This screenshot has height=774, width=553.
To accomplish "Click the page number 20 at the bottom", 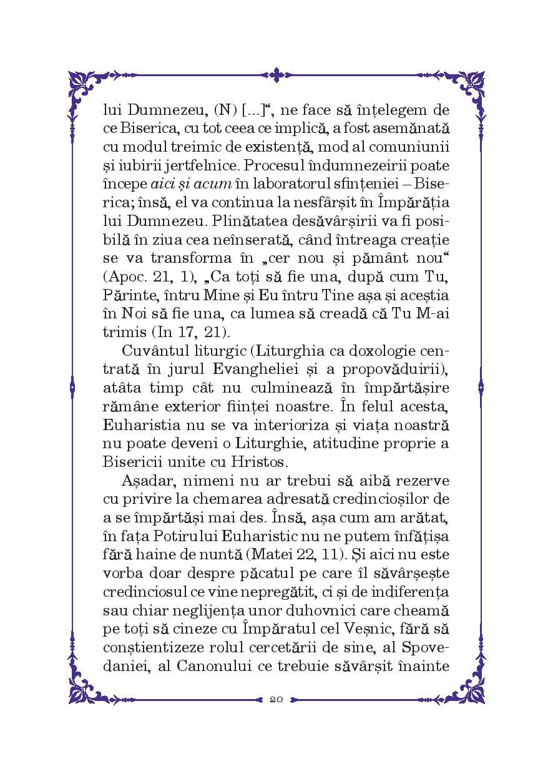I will tap(276, 698).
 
